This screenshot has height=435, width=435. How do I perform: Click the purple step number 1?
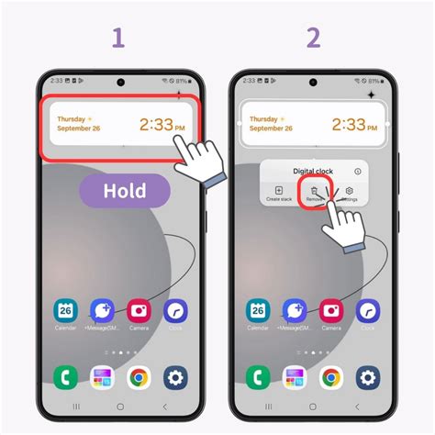[117, 38]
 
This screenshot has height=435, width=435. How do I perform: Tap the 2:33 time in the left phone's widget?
[158, 124]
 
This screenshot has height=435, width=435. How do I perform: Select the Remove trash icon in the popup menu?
[313, 194]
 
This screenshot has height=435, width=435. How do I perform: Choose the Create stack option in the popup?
[279, 194]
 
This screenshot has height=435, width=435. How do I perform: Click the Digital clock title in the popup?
[314, 171]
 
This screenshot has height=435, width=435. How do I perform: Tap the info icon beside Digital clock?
[358, 171]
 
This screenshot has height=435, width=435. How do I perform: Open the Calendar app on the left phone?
[65, 312]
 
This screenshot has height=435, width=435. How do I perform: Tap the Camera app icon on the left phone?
[139, 312]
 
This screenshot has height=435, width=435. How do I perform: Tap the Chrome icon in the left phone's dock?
[139, 376]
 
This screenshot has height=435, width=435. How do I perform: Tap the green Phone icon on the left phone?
[65, 376]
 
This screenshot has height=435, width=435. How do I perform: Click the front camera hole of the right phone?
[313, 82]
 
